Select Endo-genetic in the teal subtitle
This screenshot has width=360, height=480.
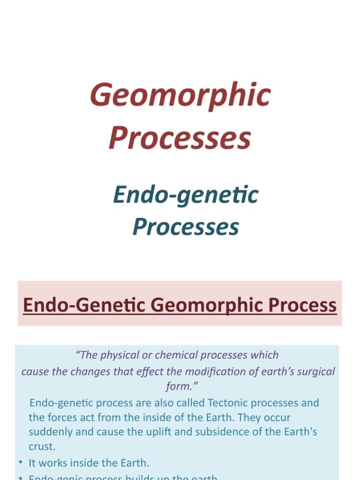186,195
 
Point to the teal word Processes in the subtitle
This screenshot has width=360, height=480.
186,226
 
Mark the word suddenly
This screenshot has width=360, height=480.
51,432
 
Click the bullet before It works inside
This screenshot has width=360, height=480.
21,463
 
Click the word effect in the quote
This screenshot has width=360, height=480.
147,372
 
